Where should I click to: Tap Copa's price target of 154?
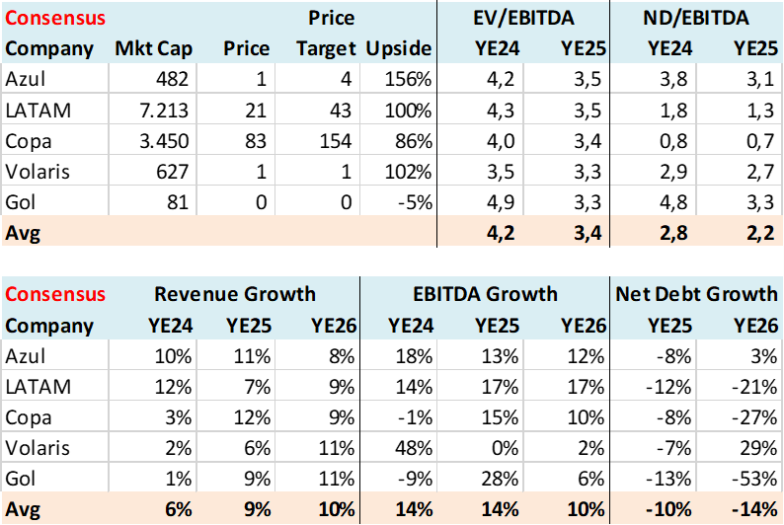331,140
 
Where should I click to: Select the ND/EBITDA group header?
696,18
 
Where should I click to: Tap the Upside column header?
399,48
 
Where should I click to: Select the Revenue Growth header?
235,293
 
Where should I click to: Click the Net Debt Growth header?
696,293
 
